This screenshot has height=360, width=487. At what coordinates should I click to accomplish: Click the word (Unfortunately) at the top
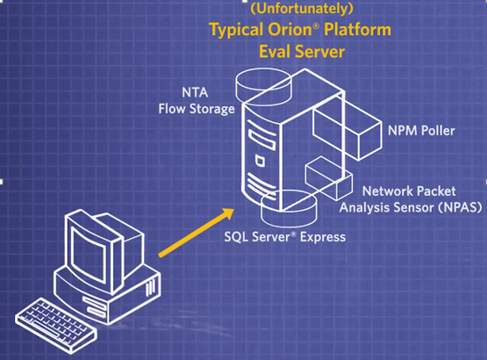pos(302,9)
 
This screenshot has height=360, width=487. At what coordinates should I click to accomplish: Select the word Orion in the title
pos(290,30)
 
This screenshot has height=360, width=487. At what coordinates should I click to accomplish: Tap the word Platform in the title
pos(357,30)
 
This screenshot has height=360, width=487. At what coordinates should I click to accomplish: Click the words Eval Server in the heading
pos(302,51)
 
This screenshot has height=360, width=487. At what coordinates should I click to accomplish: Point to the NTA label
pos(195,93)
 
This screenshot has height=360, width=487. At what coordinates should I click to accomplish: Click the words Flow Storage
pos(197,109)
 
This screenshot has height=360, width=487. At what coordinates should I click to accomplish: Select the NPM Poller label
pos(421,131)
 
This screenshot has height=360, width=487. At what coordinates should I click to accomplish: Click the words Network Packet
pos(409,191)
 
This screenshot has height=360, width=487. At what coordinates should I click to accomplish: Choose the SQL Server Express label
pos(285,237)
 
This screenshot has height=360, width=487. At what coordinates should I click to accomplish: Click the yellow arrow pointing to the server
pos(197,233)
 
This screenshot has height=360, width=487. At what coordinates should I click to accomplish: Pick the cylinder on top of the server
pos(264,87)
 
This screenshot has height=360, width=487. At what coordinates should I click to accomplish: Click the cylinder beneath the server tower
pos(289,208)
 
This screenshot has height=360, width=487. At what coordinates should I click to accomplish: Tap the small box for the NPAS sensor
pos(329,178)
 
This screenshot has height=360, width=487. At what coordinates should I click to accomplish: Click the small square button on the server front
pos(261,161)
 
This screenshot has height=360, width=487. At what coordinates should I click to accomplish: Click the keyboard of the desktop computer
pos(56,325)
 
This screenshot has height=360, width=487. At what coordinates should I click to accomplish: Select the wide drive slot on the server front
pos(261,140)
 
